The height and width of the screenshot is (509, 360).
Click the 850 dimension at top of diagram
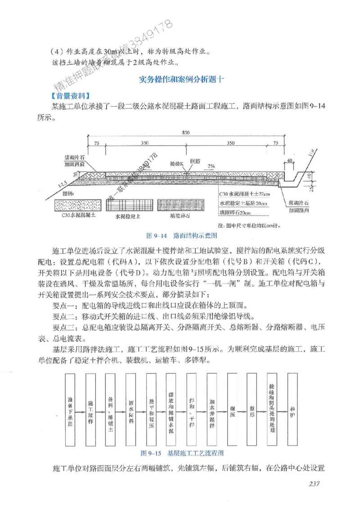(x=186, y=132)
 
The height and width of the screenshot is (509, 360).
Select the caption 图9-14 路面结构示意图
(x=182, y=235)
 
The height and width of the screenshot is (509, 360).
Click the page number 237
(x=314, y=484)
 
